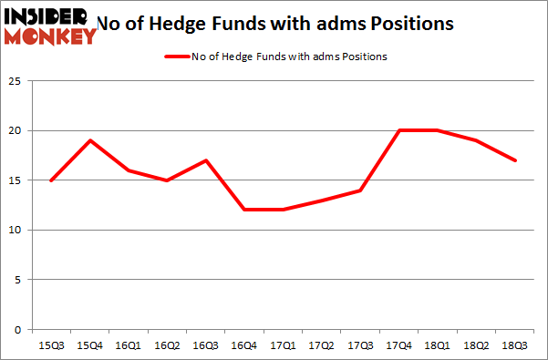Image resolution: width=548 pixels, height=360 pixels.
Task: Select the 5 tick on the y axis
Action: coord(19,280)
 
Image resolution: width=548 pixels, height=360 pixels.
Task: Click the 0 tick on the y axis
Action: coord(19,329)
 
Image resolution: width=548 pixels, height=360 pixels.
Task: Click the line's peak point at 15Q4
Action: coord(90,140)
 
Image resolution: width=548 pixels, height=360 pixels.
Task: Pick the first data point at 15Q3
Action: coord(51,180)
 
